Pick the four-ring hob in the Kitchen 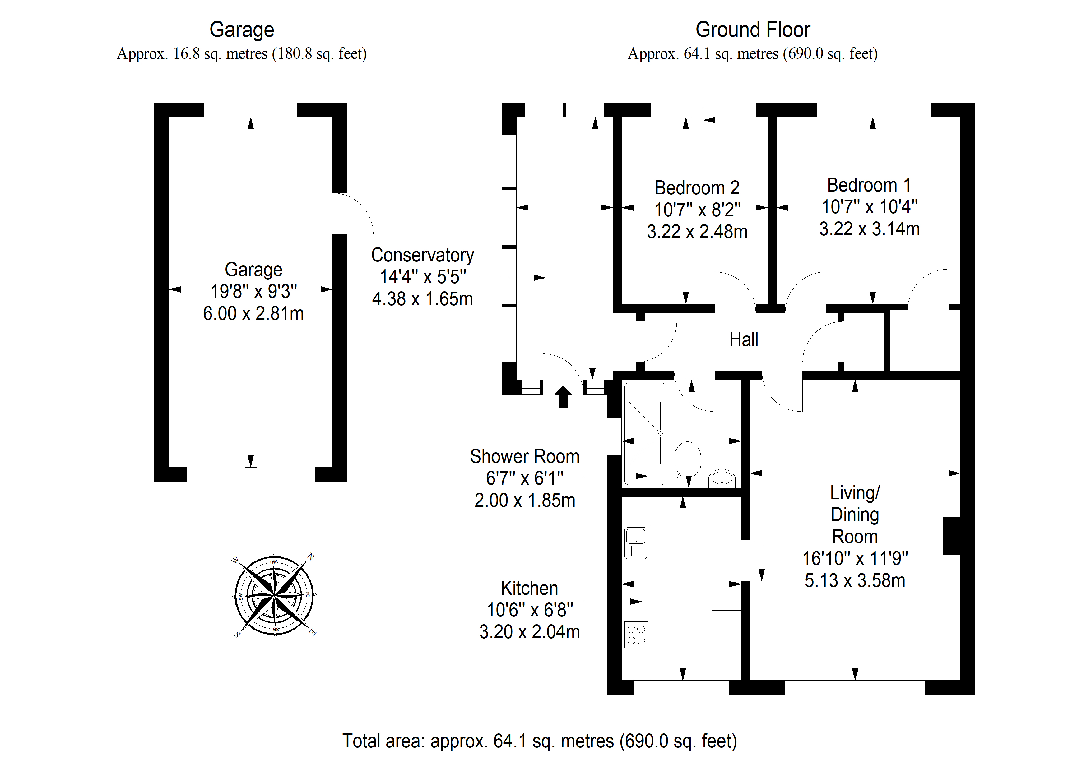click(636, 635)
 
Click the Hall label click(744, 340)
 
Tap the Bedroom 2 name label click(697, 188)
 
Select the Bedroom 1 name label click(869, 185)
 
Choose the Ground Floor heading click(753, 30)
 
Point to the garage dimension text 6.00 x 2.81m click(253, 314)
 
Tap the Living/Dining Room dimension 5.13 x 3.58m click(854, 580)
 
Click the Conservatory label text click(422, 255)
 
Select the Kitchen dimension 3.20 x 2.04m click(529, 632)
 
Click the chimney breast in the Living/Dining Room click(951, 535)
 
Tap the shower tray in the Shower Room click(645, 434)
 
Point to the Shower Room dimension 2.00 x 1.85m click(525, 500)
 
